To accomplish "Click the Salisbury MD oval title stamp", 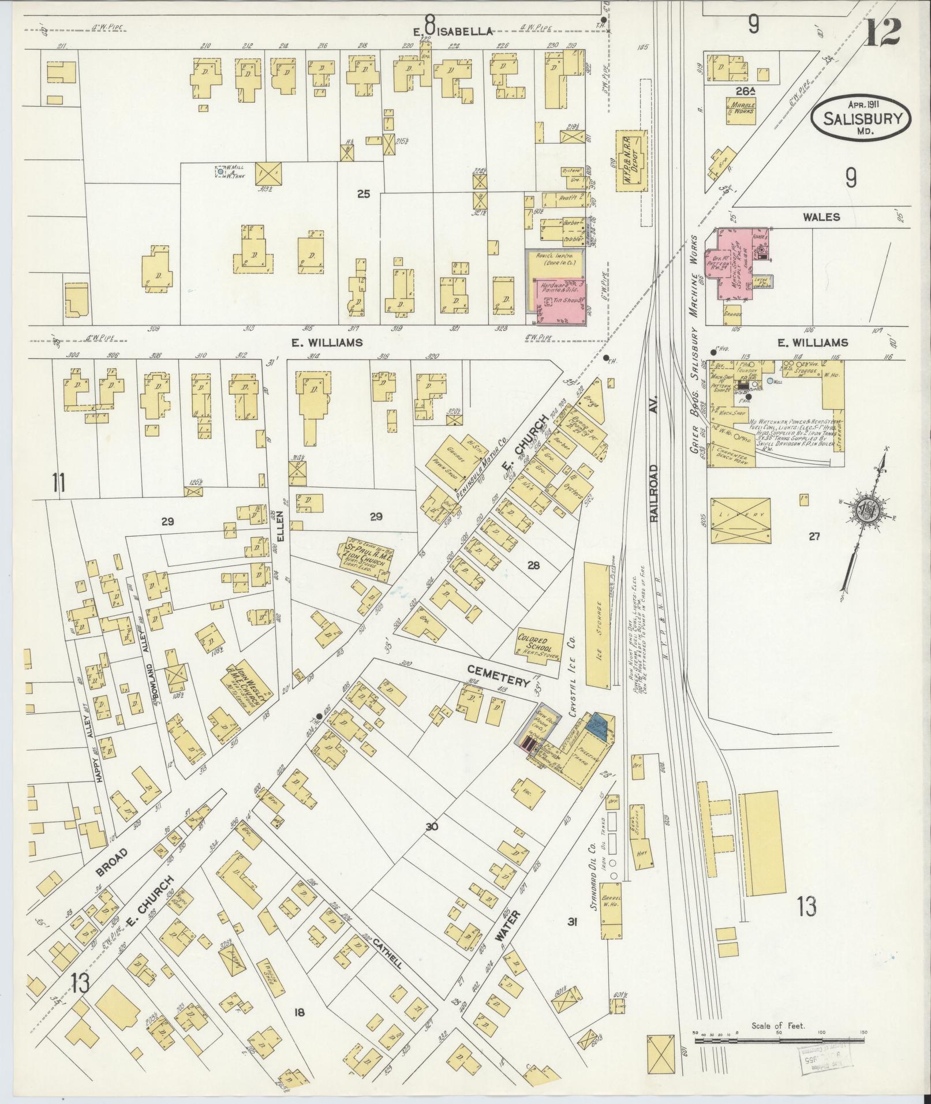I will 862,119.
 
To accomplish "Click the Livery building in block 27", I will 741,519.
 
